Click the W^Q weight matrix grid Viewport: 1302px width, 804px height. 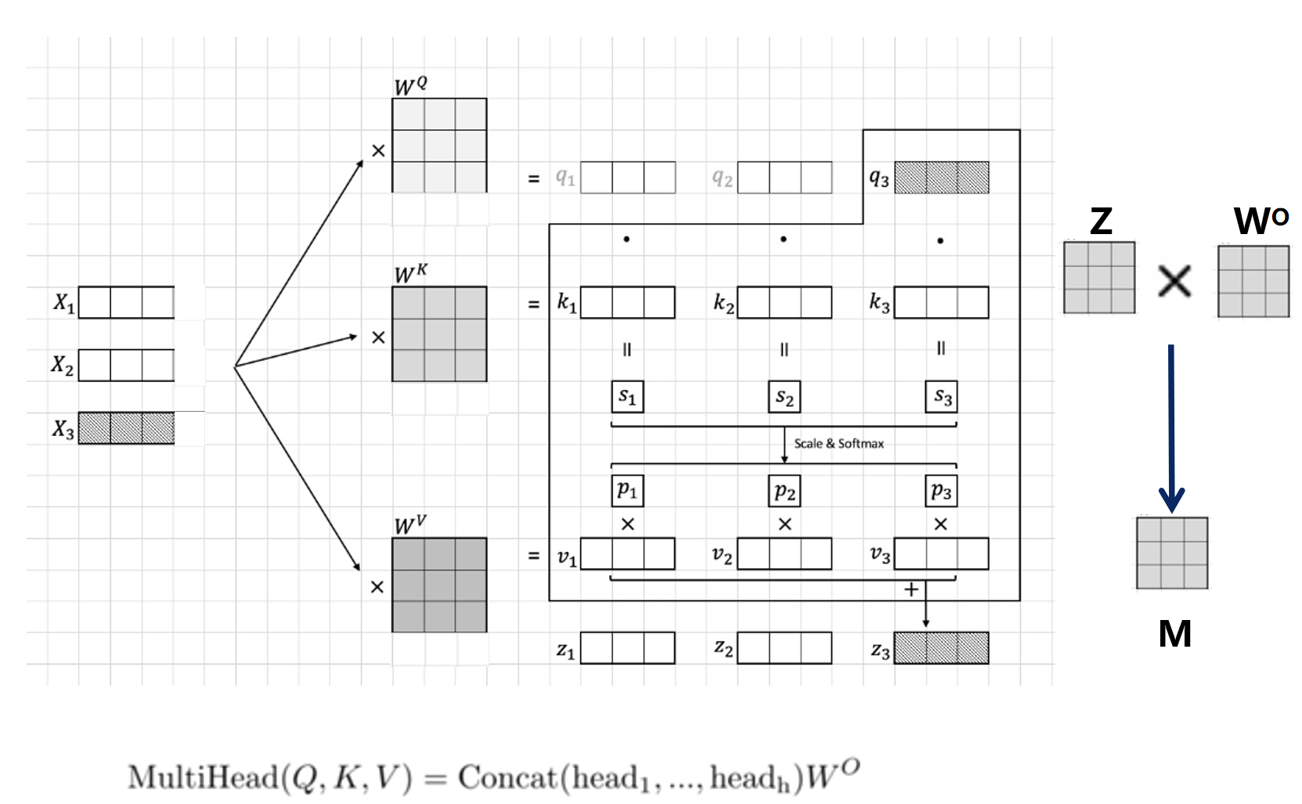[439, 146]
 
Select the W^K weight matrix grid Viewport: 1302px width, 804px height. [439, 334]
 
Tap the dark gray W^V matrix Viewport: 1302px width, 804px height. [439, 585]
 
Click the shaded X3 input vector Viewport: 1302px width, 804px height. [126, 428]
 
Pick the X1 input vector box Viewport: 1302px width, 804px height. [126, 302]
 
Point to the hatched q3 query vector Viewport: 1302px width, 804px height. [941, 178]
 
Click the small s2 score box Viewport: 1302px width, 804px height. [784, 397]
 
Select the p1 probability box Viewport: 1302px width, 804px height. [627, 491]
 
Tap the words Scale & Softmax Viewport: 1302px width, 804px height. [839, 444]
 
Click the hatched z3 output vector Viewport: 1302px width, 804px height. [941, 648]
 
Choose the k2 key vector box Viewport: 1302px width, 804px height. [784, 302]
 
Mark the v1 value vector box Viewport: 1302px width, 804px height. [627, 553]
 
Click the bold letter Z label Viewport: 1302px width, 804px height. [1101, 222]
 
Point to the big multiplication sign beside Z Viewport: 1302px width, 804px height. [1174, 281]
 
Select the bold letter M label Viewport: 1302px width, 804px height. [1174, 633]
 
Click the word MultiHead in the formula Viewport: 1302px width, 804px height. [203, 777]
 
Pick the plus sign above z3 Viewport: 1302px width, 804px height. [911, 589]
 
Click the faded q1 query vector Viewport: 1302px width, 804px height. [627, 178]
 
